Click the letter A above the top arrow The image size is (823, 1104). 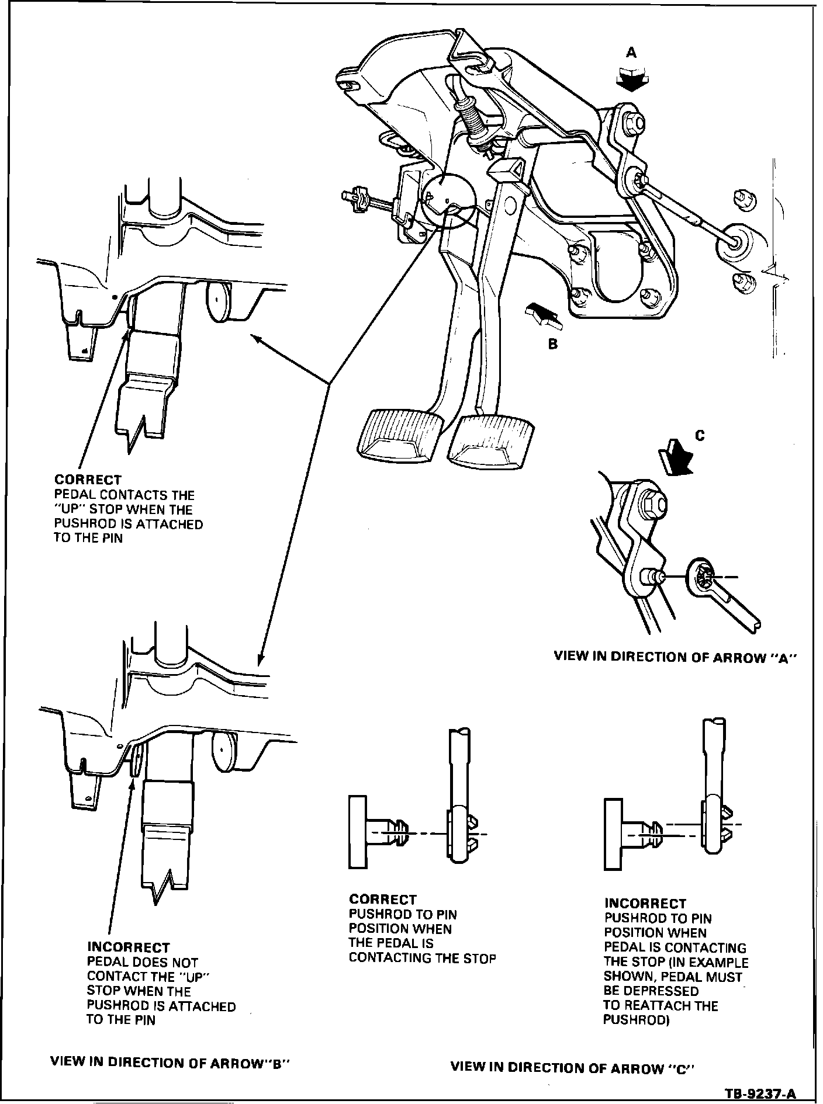pyautogui.click(x=631, y=53)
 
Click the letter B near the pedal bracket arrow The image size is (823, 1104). pyautogui.click(x=553, y=344)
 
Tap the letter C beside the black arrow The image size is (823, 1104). pyautogui.click(x=700, y=435)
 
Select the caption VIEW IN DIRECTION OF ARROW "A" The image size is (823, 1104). pyautogui.click(x=676, y=657)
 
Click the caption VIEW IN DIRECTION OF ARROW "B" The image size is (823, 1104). pyautogui.click(x=170, y=1062)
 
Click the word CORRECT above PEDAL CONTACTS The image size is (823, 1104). pyautogui.click(x=88, y=480)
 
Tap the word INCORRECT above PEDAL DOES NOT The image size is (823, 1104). pyautogui.click(x=129, y=947)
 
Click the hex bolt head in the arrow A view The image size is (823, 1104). pyautogui.click(x=651, y=499)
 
